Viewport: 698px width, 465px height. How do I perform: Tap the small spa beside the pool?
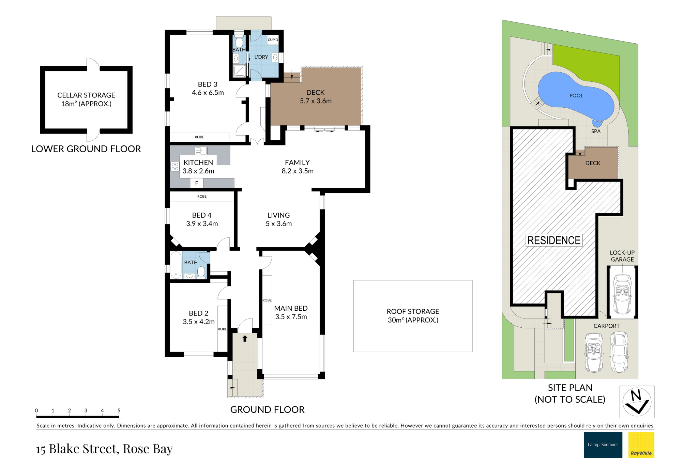[597, 124]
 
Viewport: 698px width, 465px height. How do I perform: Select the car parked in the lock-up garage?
[622, 294]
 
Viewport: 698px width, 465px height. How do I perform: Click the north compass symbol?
[637, 402]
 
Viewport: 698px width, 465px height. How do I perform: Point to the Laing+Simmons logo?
[603, 445]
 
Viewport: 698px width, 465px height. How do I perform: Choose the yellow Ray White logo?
[641, 445]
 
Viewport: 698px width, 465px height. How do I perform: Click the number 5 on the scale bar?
[119, 410]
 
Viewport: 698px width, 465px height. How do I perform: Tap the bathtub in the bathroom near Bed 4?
[176, 265]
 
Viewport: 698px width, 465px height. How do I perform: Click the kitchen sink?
[201, 150]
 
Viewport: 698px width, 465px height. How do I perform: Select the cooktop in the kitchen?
[175, 167]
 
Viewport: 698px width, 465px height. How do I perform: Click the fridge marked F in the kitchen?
[197, 183]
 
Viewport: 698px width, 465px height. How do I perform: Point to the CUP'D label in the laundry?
[273, 40]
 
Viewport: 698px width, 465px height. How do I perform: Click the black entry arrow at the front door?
[245, 338]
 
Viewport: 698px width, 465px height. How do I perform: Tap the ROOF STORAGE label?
[413, 311]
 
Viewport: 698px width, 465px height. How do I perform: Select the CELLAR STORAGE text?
[86, 95]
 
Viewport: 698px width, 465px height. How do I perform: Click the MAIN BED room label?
[291, 308]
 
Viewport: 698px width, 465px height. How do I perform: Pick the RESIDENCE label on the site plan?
[554, 241]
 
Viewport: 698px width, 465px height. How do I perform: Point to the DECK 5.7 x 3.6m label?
[316, 97]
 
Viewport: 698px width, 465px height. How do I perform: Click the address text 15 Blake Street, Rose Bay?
[104, 449]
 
